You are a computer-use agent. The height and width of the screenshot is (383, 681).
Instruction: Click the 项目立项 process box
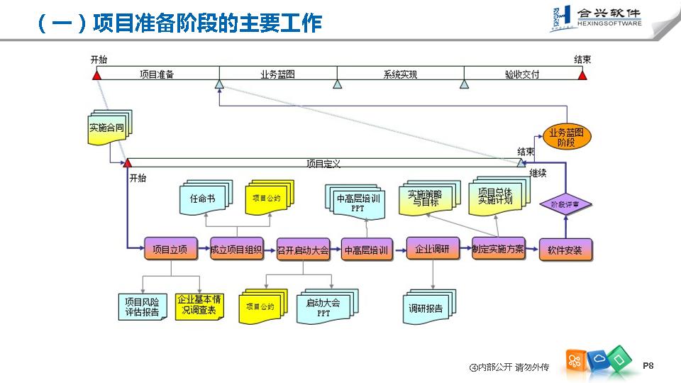click(x=170, y=249)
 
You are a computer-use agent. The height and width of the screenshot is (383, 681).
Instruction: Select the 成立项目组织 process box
click(x=236, y=249)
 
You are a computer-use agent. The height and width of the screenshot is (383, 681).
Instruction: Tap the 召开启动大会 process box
click(x=303, y=250)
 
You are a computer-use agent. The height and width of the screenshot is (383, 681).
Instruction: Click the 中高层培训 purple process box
click(x=367, y=250)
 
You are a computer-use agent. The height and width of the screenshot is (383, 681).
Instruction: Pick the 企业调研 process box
click(x=433, y=249)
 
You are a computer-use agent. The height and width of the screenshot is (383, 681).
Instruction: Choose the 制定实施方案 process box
click(x=498, y=249)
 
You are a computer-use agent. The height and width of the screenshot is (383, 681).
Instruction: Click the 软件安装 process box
click(x=565, y=250)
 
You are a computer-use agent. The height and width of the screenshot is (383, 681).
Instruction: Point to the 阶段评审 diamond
click(x=565, y=204)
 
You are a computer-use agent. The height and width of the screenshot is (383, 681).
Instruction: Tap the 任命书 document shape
click(x=202, y=199)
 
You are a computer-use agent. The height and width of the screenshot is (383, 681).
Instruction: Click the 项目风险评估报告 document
click(x=142, y=306)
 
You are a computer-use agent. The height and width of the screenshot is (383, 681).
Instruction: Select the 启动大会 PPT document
click(x=323, y=307)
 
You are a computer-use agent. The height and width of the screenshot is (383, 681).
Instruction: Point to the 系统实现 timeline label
click(x=400, y=74)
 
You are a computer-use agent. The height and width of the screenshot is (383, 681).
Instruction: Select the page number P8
click(x=648, y=365)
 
